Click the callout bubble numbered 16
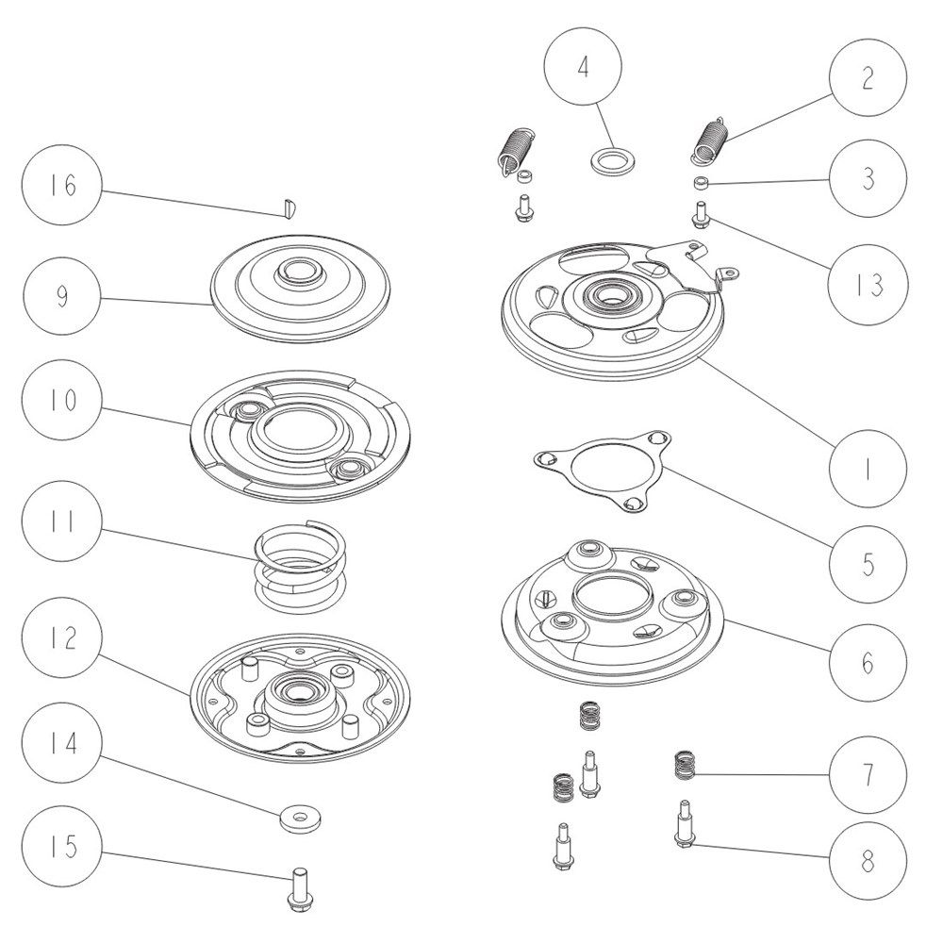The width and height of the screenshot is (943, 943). click(62, 185)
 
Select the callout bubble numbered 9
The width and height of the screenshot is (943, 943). click(62, 296)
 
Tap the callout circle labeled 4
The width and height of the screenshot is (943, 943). click(583, 67)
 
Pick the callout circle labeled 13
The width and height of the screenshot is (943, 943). click(868, 283)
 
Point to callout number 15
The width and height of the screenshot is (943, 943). click(62, 846)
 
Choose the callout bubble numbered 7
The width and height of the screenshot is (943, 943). click(868, 773)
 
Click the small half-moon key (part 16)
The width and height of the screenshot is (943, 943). click(291, 207)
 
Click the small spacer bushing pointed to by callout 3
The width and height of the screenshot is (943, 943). click(700, 182)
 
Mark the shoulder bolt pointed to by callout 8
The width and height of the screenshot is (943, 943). click(682, 825)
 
